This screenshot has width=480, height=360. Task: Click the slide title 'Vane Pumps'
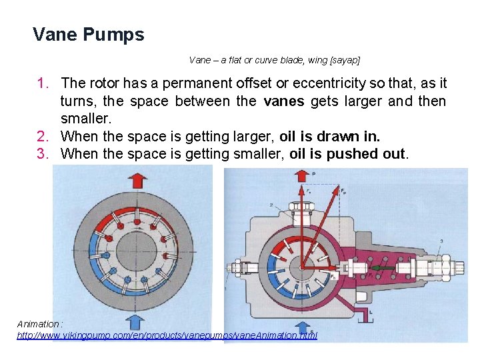88,35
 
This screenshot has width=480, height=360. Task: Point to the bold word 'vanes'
283,101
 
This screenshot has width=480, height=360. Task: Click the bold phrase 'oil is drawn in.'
329,137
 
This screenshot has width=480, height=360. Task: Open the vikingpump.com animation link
167,335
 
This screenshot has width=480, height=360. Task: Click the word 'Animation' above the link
39,324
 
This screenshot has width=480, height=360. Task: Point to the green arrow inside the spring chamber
382,269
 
